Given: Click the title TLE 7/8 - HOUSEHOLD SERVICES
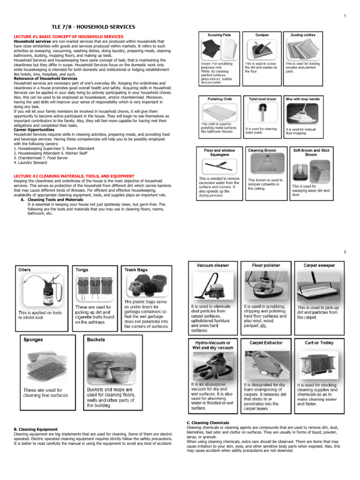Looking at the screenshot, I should click(x=93, y=27).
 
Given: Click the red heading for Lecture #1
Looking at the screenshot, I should click(x=69, y=37).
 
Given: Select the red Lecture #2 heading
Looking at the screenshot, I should click(x=74, y=176).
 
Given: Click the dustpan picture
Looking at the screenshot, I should click(x=262, y=49).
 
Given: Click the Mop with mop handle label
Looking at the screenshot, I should click(x=303, y=99).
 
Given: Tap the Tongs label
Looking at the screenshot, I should click(x=82, y=270).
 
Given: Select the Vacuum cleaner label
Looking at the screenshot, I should click(x=213, y=265).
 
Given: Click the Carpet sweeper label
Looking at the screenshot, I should click(x=319, y=265).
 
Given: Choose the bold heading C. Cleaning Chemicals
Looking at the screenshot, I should click(x=208, y=423).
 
